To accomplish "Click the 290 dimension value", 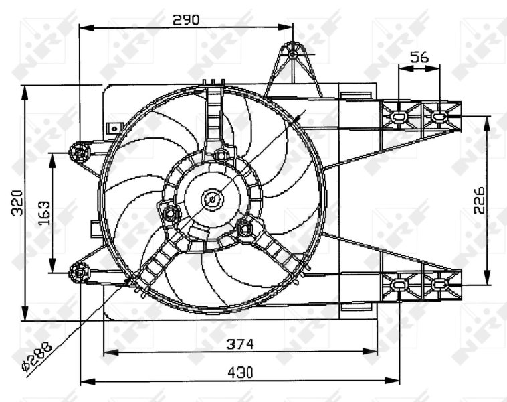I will coord(186,19).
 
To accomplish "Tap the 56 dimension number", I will coord(419,58).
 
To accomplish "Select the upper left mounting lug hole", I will coord(80,153).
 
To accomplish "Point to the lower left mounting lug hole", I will coord(79,271).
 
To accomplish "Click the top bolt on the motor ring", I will coord(221,157).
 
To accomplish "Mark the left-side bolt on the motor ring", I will coord(170,213).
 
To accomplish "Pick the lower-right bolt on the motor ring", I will coord(247,229).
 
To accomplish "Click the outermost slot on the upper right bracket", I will coord(439,117).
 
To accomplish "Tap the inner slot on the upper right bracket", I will coord(399,117).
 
